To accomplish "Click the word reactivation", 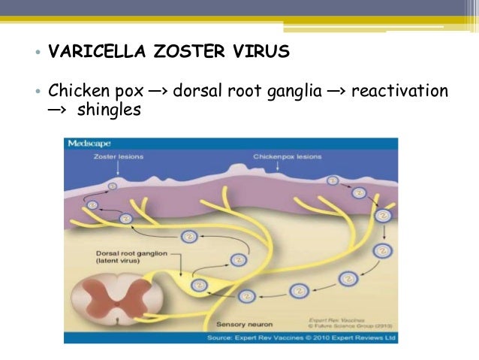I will click(x=399, y=91).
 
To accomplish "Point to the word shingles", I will click(x=109, y=110).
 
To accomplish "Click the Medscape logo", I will click(x=89, y=143).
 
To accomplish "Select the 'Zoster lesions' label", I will click(x=119, y=157).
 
